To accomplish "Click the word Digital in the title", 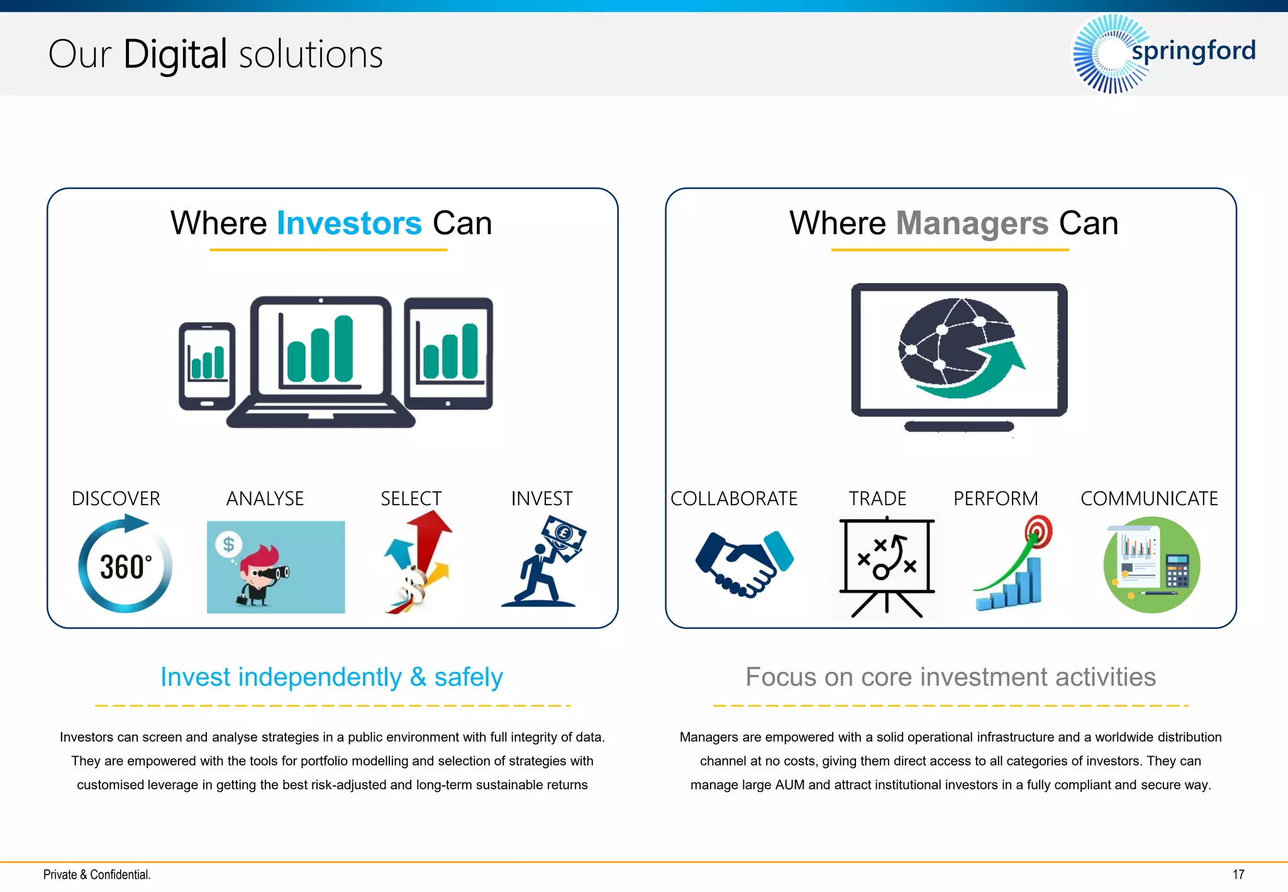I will point(175,55).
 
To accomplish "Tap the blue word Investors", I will point(349,223).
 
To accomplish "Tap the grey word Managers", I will point(972,223).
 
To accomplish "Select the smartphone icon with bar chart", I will point(206,366).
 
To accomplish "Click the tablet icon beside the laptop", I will point(448,354).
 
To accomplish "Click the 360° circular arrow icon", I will point(125,565).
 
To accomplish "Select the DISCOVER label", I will point(116,498).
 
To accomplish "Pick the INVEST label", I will point(541,498).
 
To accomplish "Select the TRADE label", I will point(877,498).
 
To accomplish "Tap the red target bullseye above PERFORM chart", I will point(1039,530).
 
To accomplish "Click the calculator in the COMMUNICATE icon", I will point(1177,571).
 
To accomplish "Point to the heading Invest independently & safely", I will point(331,677).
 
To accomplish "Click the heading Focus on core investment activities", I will point(950,677).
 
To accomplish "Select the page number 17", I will point(1238,874).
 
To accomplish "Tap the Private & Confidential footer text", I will point(97,874).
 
